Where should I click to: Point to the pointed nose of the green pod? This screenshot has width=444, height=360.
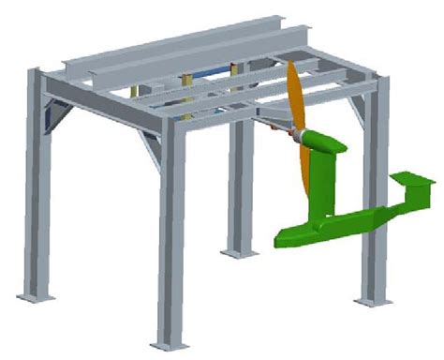click(281, 241)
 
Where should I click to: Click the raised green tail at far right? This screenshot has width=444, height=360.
click(413, 179)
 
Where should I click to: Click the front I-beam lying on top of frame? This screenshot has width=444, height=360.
click(169, 60)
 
